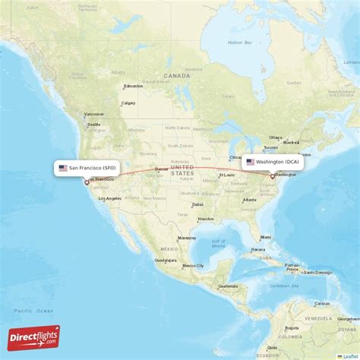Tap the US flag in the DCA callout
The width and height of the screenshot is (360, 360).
[x=250, y=162]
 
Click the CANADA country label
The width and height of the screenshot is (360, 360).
[x=177, y=76]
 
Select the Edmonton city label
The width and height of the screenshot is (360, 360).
[x=133, y=85]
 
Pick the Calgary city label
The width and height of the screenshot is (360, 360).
[x=128, y=103]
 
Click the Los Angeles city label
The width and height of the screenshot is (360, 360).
[x=109, y=199]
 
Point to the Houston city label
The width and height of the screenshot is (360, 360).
[x=205, y=219]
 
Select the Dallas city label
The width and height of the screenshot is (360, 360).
[x=197, y=204]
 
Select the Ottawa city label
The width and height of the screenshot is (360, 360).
[x=276, y=137]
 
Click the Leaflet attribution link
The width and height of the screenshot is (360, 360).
[x=349, y=355]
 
